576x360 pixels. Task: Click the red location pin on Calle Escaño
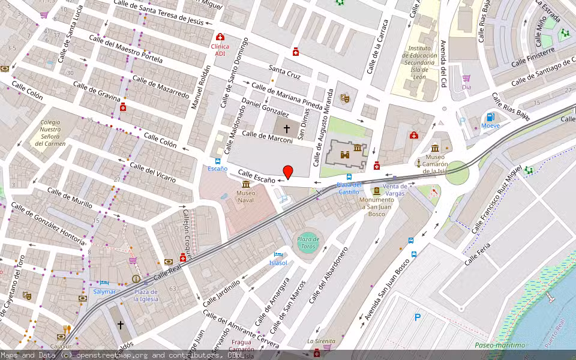pyautogui.click(x=288, y=172)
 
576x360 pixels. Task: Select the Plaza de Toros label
pyautogui.click(x=307, y=243)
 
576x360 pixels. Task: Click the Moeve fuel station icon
pyautogui.click(x=490, y=116)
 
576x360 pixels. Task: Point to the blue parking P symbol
pyautogui.click(x=418, y=317)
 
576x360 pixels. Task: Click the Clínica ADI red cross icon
pyautogui.click(x=220, y=37)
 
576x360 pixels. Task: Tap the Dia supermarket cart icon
pyautogui.click(x=466, y=78)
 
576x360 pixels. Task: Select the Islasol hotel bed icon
pyautogui.click(x=278, y=254)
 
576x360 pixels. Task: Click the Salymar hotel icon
pyautogui.click(x=104, y=283)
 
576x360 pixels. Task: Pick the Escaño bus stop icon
pyautogui.click(x=217, y=161)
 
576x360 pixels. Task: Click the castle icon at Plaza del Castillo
pyautogui.click(x=345, y=155)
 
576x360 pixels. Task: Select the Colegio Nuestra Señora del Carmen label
pyautogui.click(x=50, y=133)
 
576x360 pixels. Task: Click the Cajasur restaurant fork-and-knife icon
pyautogui.click(x=68, y=329)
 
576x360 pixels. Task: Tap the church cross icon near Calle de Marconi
pyautogui.click(x=286, y=129)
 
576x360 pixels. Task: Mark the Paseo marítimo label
pyautogui.click(x=500, y=345)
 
